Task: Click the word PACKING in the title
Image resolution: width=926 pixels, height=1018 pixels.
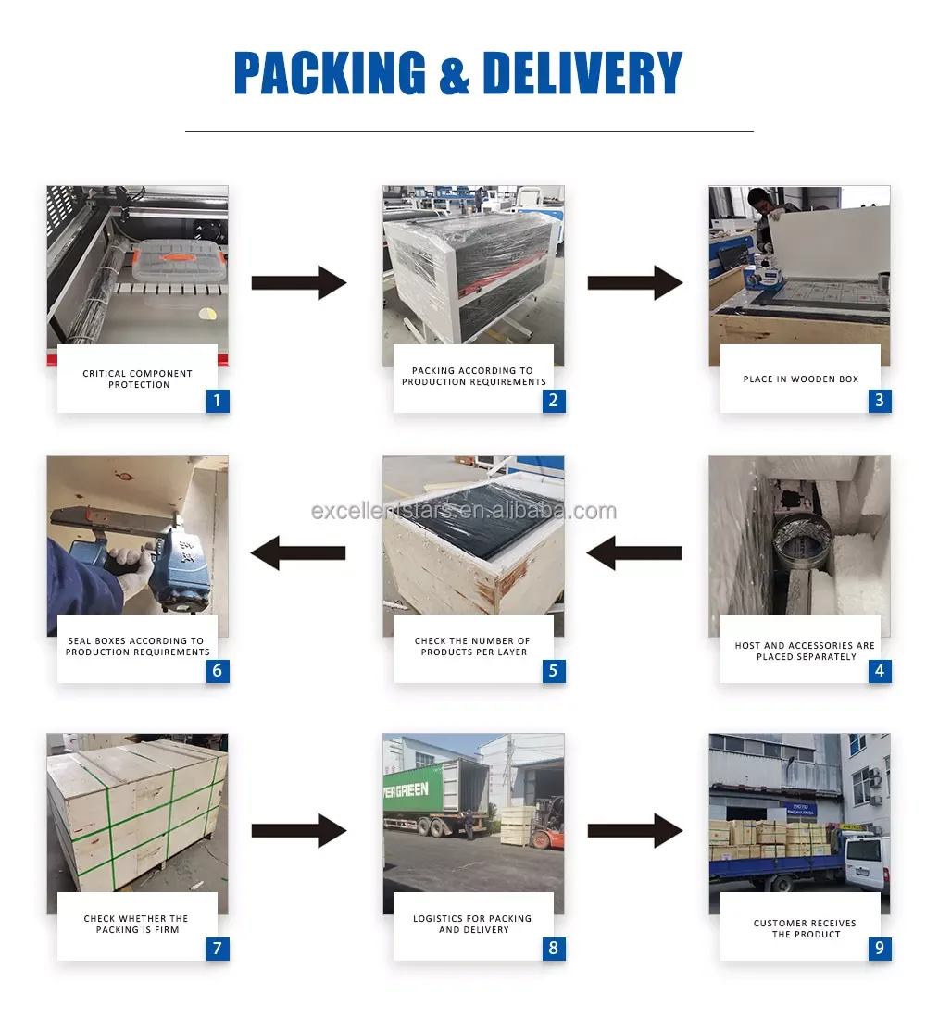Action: click(x=330, y=73)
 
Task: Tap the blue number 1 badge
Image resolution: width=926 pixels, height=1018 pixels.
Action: click(x=218, y=401)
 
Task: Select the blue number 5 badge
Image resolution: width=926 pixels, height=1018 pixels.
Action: click(x=554, y=671)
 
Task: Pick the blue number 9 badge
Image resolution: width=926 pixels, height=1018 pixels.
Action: click(x=880, y=948)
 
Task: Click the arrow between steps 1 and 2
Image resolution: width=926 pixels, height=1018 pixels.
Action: click(x=299, y=282)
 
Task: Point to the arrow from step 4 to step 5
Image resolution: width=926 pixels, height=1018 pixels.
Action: click(x=634, y=553)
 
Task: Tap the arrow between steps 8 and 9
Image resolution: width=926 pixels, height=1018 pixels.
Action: click(x=635, y=830)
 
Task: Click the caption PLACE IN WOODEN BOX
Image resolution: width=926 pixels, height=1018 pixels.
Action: click(x=800, y=379)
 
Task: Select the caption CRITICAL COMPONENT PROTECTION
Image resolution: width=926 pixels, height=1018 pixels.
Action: click(x=138, y=379)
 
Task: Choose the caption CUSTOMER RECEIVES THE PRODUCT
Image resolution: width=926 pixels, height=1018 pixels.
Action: click(x=805, y=928)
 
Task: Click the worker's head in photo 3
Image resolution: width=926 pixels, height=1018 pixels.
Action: click(x=759, y=200)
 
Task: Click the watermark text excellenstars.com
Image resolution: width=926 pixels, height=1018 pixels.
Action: click(x=463, y=511)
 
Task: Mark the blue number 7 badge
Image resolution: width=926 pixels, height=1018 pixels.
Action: click(x=218, y=948)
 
